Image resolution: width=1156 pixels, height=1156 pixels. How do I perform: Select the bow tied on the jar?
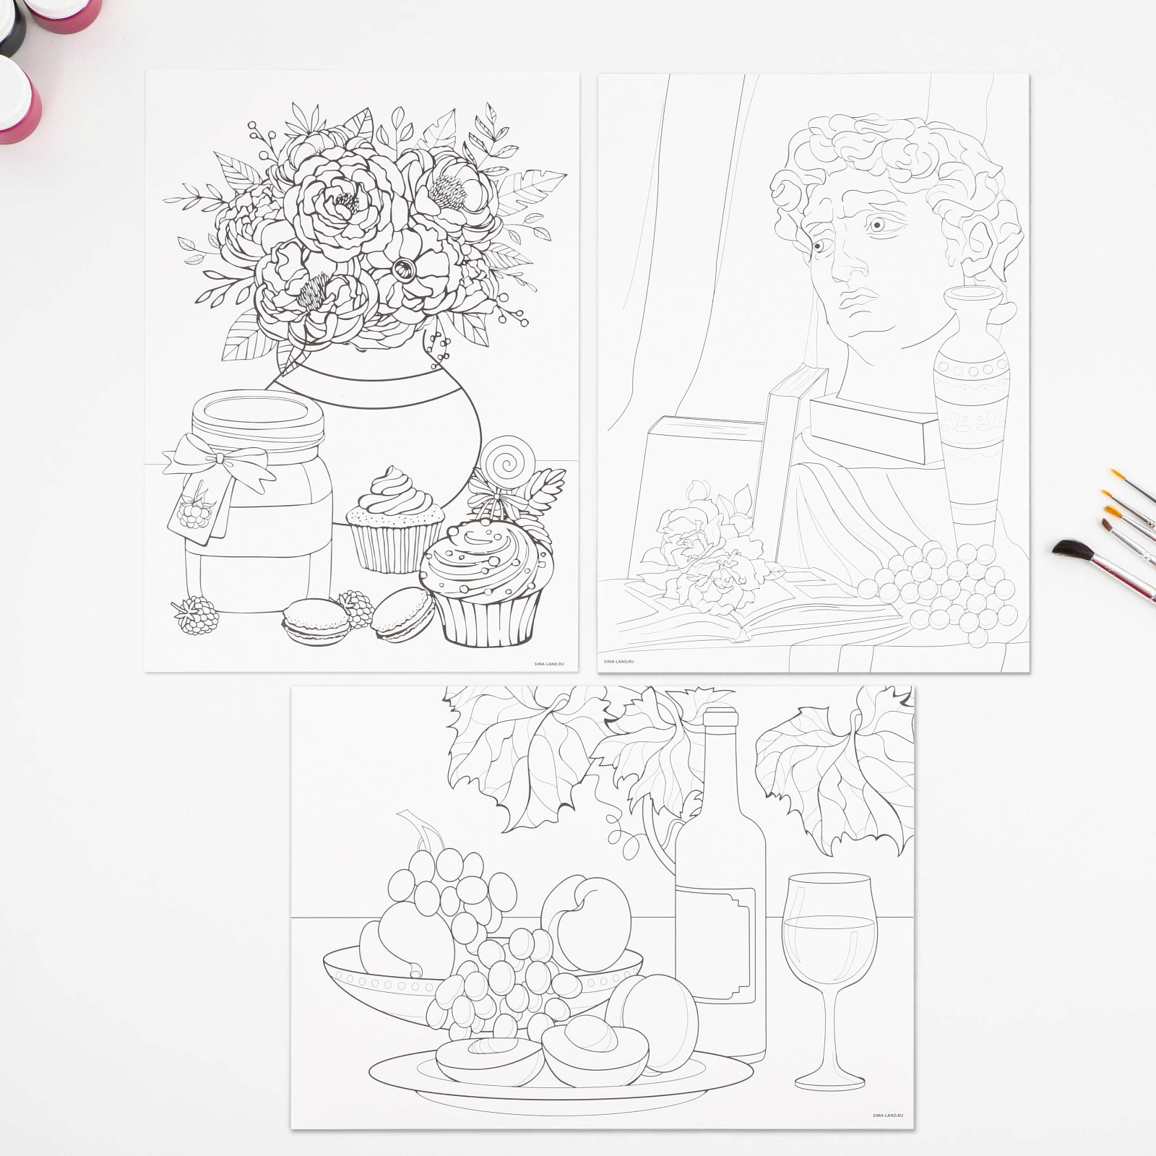coord(219,460)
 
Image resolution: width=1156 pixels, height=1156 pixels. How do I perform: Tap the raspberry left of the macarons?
coord(194,615)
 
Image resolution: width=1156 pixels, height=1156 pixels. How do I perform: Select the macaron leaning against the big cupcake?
coord(403,613)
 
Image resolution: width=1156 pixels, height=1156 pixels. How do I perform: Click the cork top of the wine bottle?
coord(720,722)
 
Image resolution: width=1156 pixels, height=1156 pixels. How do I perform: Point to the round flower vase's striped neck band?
coord(376,379)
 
